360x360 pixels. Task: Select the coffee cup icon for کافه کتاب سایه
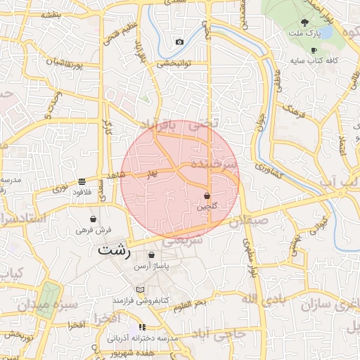click(x=313, y=50)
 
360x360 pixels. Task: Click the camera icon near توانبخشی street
click(x=179, y=42)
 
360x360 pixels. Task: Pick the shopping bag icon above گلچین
click(x=207, y=195)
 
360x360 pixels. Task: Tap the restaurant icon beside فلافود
click(x=82, y=180)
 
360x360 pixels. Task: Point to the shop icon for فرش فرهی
click(x=93, y=219)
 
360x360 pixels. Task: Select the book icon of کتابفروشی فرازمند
click(x=140, y=290)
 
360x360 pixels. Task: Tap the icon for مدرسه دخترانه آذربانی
click(x=142, y=327)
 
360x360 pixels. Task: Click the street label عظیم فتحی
click(x=115, y=32)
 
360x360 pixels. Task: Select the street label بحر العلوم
click(x=191, y=302)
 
